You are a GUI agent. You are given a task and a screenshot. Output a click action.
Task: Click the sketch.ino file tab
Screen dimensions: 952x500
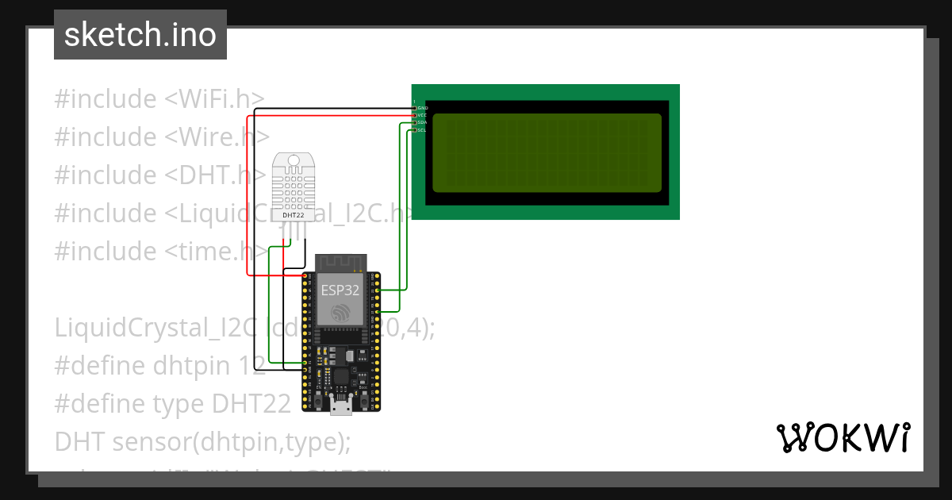[x=140, y=35]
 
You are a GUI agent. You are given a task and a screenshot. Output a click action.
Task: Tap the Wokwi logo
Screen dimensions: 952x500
[x=843, y=437]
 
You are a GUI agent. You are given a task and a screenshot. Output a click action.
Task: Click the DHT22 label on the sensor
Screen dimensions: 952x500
[x=293, y=214]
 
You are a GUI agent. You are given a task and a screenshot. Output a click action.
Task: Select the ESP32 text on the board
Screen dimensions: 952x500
[x=340, y=290]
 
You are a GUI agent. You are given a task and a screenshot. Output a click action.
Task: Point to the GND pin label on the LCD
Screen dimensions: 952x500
[x=423, y=108]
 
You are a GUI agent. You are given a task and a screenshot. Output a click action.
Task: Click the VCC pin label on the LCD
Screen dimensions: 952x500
[x=422, y=115]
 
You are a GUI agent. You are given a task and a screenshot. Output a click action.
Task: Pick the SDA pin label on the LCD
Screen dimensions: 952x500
[x=422, y=123]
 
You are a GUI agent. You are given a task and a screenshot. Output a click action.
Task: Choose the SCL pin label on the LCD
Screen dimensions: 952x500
[x=422, y=130]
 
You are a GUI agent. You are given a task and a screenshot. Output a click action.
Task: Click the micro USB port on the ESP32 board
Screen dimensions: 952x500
[x=341, y=407]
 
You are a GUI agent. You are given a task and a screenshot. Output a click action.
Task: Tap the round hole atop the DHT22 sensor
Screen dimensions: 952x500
[x=293, y=161]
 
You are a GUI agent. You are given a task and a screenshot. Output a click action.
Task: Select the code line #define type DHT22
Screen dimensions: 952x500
[x=172, y=404]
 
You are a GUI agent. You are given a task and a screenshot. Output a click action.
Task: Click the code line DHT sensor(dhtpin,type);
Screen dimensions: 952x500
[x=202, y=442]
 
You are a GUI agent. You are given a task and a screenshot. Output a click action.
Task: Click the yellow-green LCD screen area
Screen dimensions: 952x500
[x=547, y=152]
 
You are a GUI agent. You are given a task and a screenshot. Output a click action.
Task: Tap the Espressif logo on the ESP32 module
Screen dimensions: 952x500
[x=341, y=313]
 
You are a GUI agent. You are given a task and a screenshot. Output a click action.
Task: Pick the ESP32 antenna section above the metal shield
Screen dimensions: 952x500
[x=341, y=262]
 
